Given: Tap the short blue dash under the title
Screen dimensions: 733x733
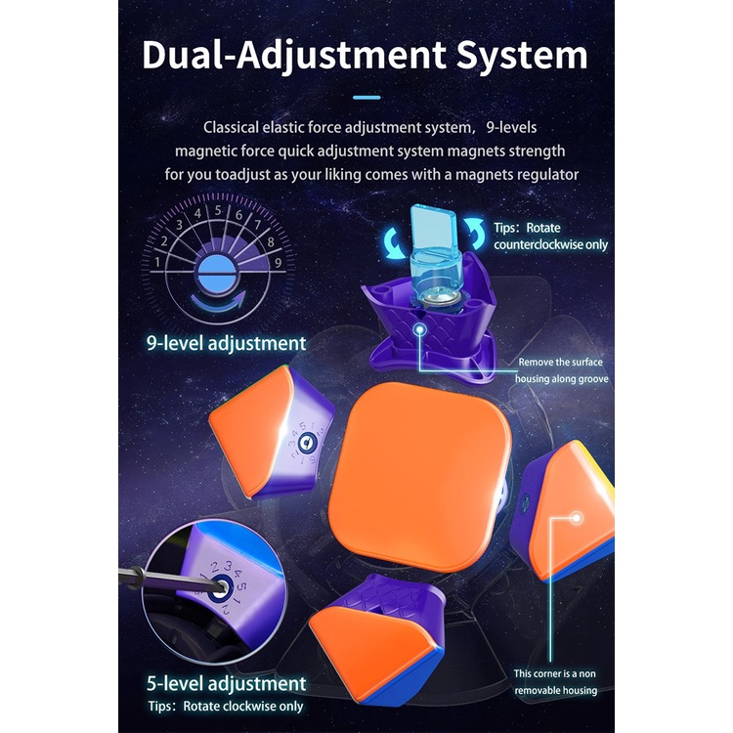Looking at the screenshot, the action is [366, 97].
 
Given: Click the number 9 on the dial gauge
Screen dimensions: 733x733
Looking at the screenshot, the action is [278, 262].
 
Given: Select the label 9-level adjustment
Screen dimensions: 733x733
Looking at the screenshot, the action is [224, 343].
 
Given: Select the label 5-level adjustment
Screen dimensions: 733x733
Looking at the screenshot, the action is [224, 682].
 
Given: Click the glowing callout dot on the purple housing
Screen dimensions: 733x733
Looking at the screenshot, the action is [421, 330].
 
